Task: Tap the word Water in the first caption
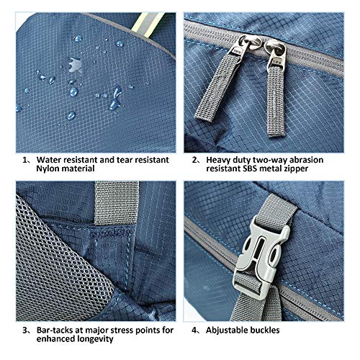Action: [x=48, y=160]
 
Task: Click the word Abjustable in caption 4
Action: [x=227, y=330]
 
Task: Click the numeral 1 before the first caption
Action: [x=25, y=160]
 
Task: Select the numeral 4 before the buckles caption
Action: [x=194, y=330]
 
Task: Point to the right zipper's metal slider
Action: [x=276, y=53]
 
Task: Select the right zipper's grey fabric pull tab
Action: [x=276, y=101]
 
